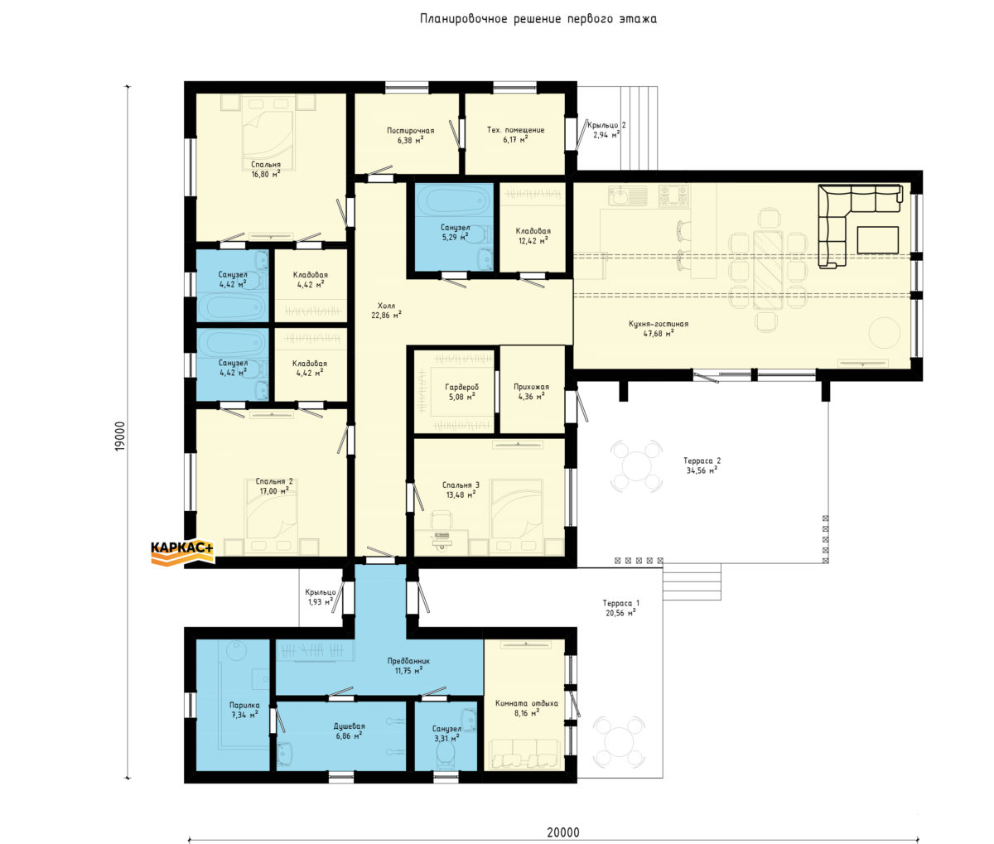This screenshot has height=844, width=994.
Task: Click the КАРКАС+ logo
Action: tap(183, 552)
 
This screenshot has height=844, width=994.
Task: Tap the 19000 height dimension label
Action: tap(120, 436)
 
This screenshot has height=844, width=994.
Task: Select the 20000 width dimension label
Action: tap(563, 832)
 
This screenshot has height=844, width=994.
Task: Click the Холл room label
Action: tap(386, 306)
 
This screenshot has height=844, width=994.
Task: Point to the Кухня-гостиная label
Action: tap(659, 324)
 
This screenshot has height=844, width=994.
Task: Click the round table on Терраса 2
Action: tap(636, 465)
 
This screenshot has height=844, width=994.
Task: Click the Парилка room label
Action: tap(244, 705)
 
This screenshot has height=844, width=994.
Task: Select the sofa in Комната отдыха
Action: tap(524, 755)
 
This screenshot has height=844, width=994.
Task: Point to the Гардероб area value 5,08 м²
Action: tap(462, 397)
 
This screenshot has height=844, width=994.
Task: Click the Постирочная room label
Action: tap(411, 130)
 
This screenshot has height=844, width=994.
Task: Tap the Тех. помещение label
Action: tap(515, 130)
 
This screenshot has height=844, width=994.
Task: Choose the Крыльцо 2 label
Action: tap(606, 125)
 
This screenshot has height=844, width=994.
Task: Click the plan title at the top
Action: tap(538, 19)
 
